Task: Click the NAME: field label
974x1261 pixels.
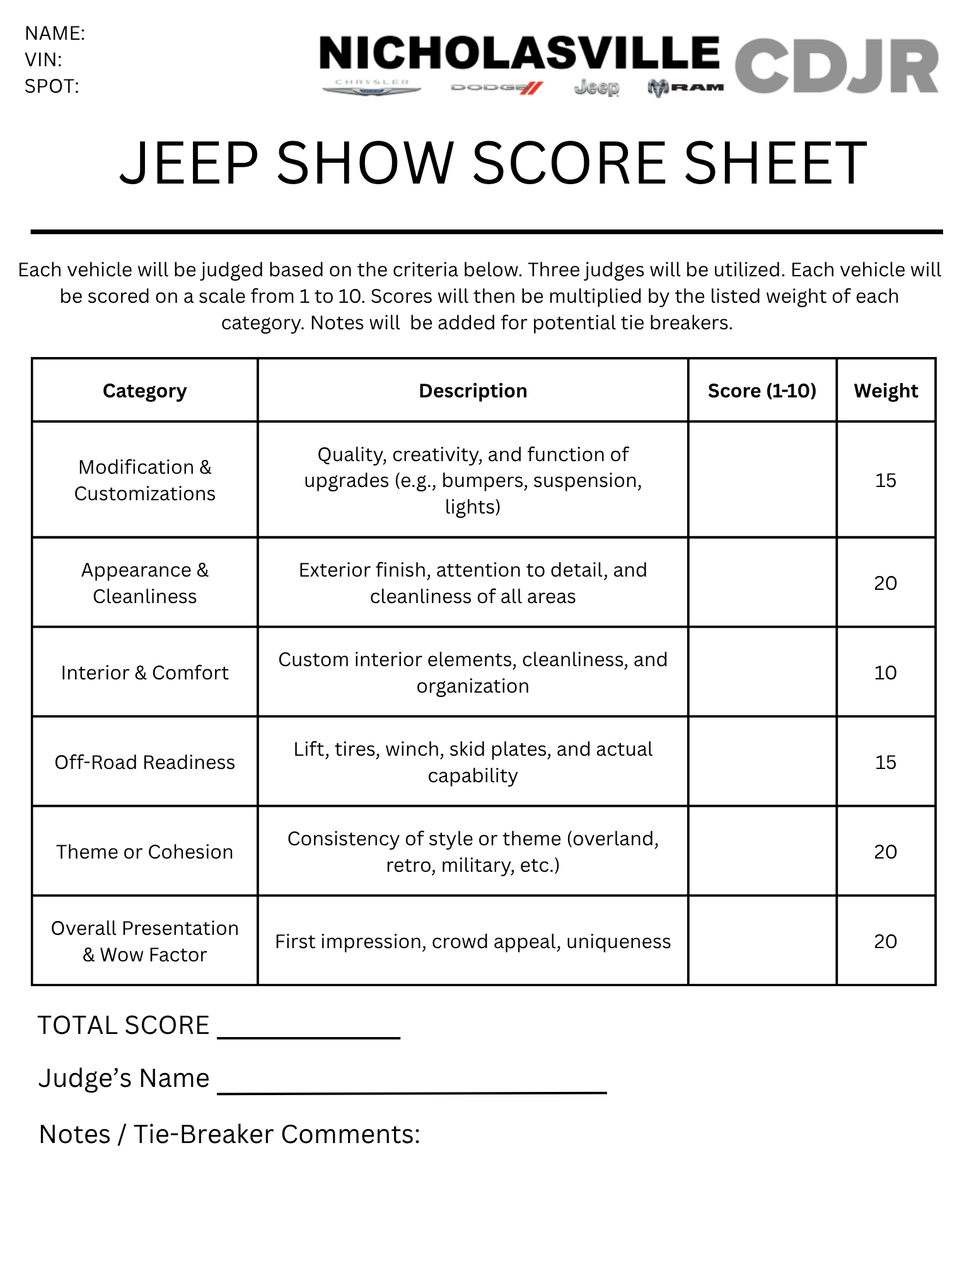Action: pyautogui.click(x=55, y=33)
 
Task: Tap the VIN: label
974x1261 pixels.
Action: pyautogui.click(x=43, y=60)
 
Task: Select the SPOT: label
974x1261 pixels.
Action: pyautogui.click(x=52, y=86)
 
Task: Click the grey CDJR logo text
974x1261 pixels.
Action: pyautogui.click(x=836, y=66)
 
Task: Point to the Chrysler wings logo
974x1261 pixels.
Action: pyautogui.click(x=372, y=88)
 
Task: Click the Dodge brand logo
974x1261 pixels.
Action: pyautogui.click(x=497, y=88)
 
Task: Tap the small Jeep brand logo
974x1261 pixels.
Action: pyautogui.click(x=596, y=88)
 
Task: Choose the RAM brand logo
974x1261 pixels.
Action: pyautogui.click(x=685, y=88)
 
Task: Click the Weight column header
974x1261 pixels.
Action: pyautogui.click(x=886, y=391)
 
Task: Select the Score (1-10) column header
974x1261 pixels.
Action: pyautogui.click(x=762, y=391)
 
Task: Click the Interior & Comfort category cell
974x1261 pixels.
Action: pyautogui.click(x=144, y=673)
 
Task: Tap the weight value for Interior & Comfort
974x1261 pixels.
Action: pyautogui.click(x=885, y=673)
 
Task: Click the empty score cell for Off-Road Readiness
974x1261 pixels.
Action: pyautogui.click(x=762, y=762)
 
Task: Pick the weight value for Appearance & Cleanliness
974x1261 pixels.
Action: pyautogui.click(x=885, y=583)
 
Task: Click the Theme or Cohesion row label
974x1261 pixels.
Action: pyautogui.click(x=144, y=852)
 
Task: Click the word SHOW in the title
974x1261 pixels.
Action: pyautogui.click(x=364, y=163)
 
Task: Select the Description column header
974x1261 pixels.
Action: pyautogui.click(x=473, y=391)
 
